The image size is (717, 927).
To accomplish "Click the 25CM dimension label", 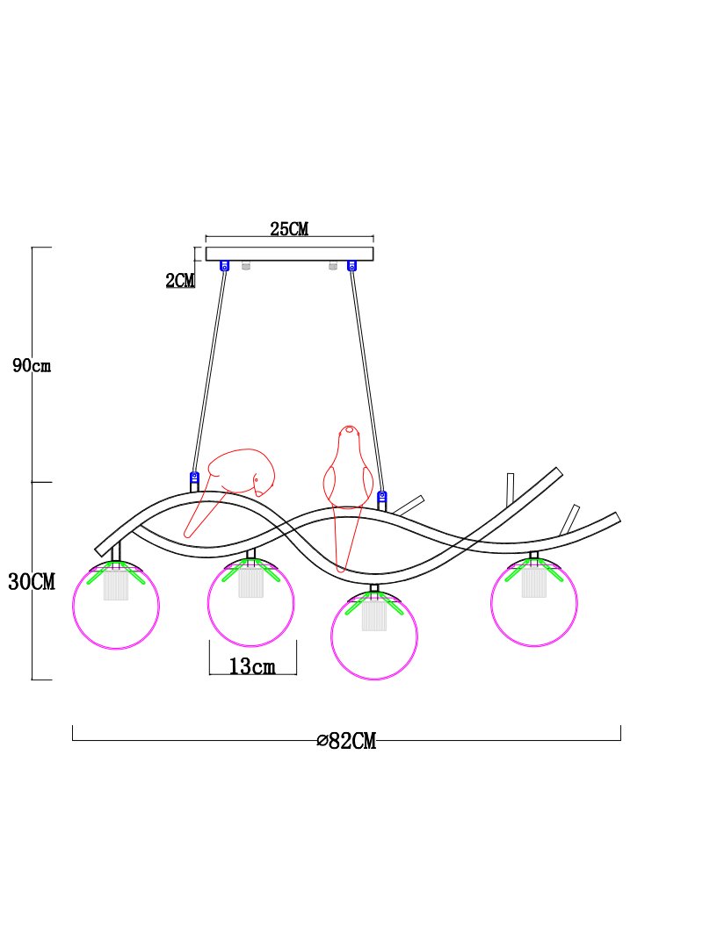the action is (x=289, y=229).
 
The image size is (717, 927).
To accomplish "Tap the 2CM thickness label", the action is (x=180, y=280).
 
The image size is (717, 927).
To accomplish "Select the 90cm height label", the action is (x=32, y=365).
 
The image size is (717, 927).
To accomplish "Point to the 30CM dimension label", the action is (x=32, y=582).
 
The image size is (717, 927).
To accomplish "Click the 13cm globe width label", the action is (x=252, y=666).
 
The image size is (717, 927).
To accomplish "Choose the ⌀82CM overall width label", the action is (x=346, y=740).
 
